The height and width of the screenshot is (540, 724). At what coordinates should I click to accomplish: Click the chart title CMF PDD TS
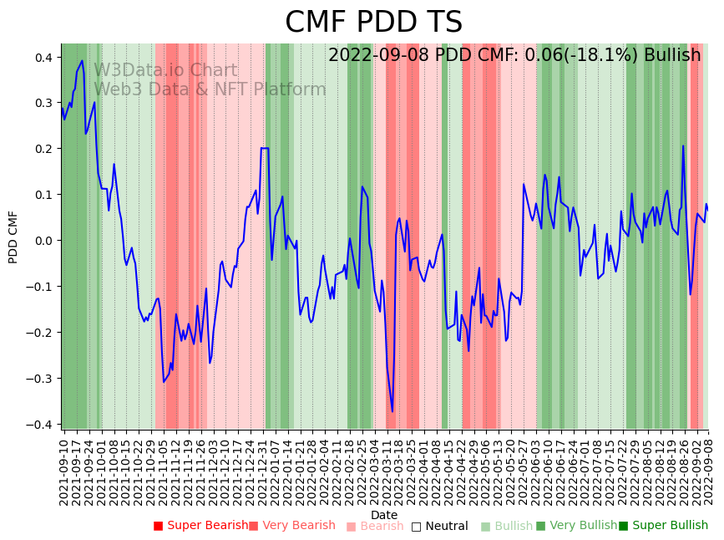[373, 23]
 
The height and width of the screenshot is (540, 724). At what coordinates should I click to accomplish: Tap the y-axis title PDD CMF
[13, 237]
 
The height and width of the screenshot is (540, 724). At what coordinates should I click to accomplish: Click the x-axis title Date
[384, 515]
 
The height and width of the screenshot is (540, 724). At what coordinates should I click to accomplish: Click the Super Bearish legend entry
[200, 526]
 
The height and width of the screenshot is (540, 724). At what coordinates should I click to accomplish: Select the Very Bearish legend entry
[291, 526]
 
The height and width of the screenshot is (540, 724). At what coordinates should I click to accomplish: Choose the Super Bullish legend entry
[663, 526]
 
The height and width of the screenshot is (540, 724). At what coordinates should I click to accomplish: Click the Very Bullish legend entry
[576, 526]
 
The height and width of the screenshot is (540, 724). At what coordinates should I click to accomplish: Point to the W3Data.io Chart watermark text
[165, 71]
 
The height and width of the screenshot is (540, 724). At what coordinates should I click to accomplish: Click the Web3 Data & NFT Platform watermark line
[210, 89]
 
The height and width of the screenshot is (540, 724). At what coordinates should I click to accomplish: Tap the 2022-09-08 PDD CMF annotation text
[514, 55]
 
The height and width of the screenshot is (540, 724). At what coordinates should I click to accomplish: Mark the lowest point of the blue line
[392, 411]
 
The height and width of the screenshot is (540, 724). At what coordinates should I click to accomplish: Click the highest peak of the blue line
[82, 60]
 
